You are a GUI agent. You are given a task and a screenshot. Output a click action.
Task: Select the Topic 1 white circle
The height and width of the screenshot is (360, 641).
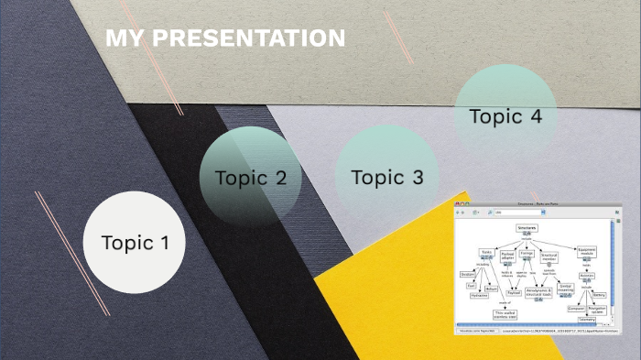pos(135,243)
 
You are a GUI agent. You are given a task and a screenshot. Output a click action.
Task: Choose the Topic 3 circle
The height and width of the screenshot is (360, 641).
pos(386,177)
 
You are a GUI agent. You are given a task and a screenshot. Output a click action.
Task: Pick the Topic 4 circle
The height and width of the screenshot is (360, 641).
pos(505,116)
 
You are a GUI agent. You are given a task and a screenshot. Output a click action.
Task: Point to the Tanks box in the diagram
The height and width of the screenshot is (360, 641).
pos(486,252)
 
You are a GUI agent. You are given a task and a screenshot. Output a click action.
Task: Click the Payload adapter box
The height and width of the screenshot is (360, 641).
pos(507,256)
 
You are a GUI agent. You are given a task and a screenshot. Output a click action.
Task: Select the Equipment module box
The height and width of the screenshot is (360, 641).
pos(587,251)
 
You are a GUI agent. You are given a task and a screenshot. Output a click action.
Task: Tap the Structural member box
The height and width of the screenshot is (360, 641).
pos(549,256)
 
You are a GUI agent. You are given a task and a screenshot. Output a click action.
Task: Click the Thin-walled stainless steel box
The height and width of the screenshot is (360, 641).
pos(505,313)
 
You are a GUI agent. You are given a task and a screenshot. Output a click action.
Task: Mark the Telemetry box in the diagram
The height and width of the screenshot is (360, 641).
pos(587,320)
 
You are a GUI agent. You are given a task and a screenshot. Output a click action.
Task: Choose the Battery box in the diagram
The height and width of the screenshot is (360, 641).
pos(599,295)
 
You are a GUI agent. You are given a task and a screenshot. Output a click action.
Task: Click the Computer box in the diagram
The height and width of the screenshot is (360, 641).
pos(576,309)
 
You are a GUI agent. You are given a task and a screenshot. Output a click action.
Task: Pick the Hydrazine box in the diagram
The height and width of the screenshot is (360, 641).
pos(479,296)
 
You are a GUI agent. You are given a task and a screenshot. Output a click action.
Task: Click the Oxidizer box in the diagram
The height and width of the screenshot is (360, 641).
pos(467,274)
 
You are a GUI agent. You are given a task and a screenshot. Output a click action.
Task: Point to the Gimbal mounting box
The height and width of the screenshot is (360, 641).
pos(565,288)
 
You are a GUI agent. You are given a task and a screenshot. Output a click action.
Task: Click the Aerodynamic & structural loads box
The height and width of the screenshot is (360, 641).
pos(538,291)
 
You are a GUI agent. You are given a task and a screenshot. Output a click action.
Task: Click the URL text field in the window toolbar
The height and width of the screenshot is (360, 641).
pos(517,212)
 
